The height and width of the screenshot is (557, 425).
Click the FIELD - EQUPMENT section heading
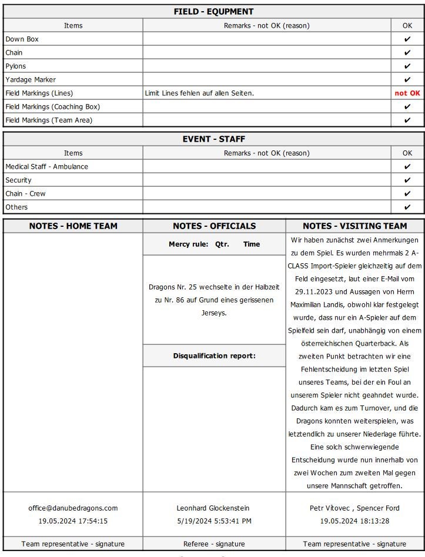(213, 12)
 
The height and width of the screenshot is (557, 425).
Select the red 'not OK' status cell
(407, 93)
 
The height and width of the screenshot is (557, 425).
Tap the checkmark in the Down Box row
(407, 39)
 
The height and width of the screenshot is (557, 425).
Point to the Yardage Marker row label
(31, 79)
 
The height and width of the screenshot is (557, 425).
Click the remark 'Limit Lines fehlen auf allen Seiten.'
(199, 93)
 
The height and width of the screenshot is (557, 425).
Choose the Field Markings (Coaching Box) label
(52, 106)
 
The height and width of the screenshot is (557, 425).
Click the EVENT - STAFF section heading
(213, 139)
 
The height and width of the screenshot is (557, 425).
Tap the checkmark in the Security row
(407, 180)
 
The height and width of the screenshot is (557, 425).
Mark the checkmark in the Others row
(407, 207)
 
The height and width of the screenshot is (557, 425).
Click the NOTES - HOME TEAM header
(73, 226)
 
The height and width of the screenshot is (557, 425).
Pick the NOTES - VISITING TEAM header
(354, 226)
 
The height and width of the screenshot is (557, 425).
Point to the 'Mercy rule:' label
(188, 244)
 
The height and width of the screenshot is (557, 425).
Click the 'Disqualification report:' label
(214, 355)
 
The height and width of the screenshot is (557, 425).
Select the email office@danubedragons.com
(73, 508)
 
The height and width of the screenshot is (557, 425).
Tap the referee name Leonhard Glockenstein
(214, 508)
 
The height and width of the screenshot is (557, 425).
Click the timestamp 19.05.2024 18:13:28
(354, 521)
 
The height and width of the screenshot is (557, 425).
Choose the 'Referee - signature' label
(214, 543)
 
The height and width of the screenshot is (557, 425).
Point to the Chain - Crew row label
(25, 193)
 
